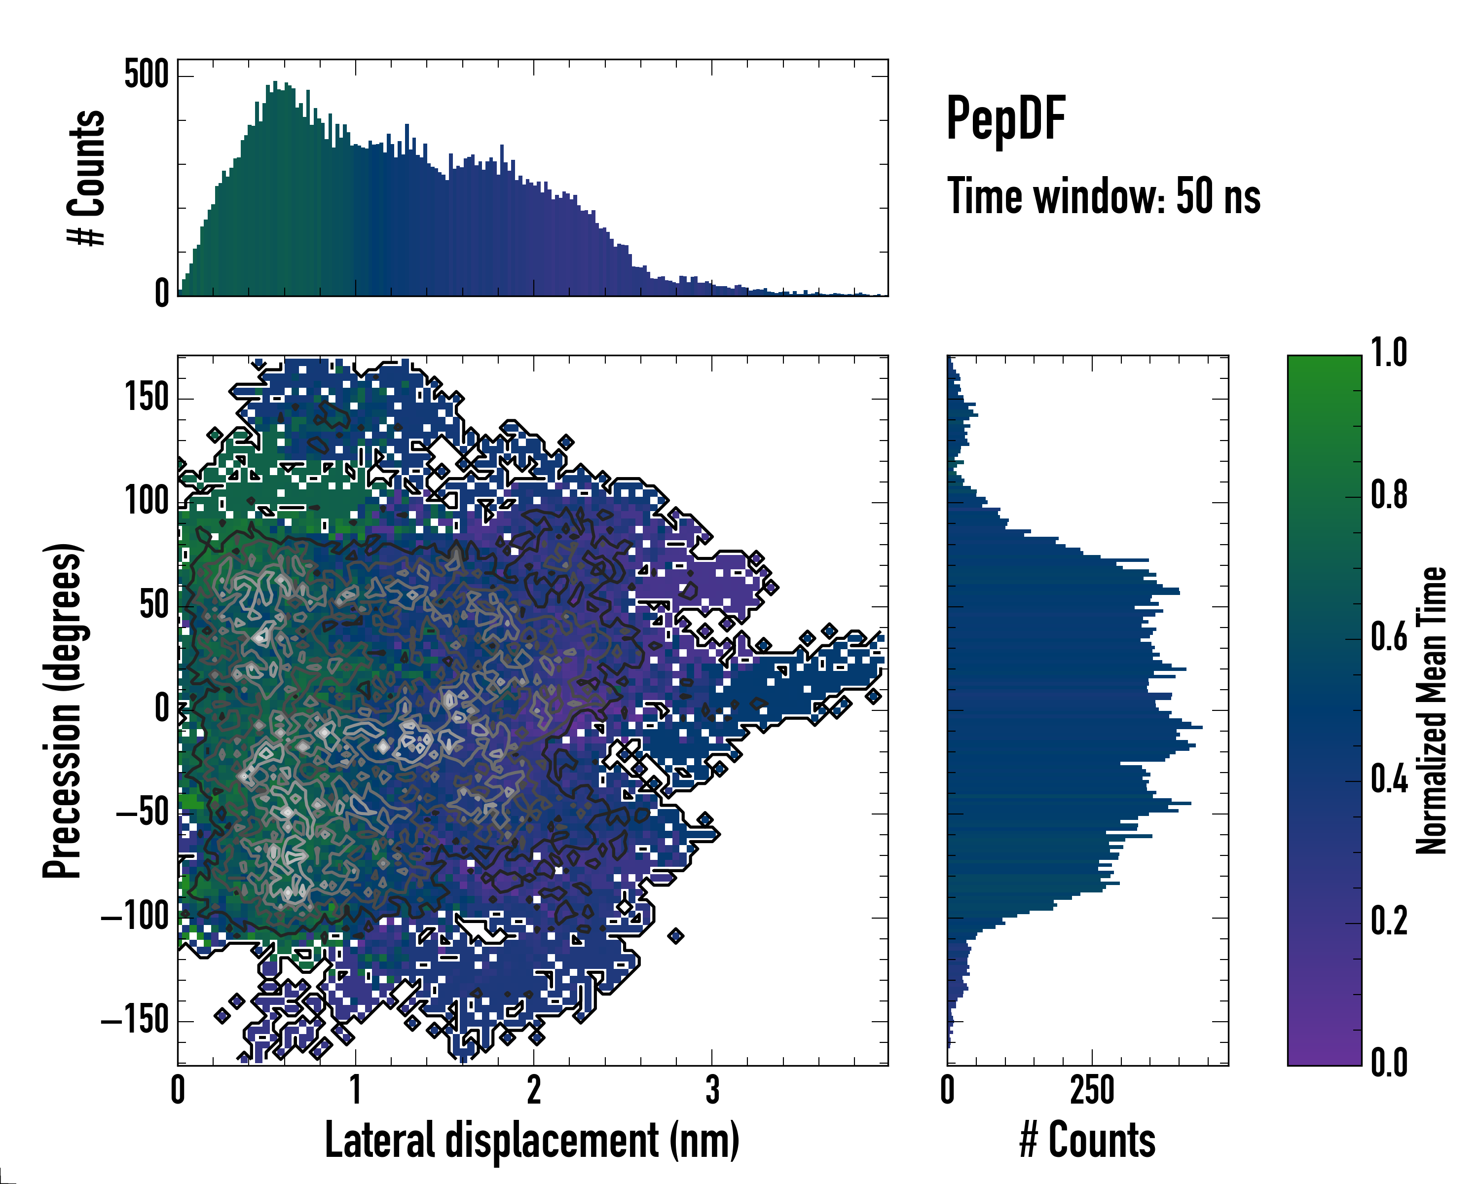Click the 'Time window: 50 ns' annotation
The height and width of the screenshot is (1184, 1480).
1103,196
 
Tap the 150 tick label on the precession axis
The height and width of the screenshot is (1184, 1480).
146,398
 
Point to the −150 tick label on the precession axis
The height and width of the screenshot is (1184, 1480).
135,1021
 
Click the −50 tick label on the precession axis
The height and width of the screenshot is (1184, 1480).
142,814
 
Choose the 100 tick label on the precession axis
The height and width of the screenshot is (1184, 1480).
146,501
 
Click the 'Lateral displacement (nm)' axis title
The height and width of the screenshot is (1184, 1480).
532,1140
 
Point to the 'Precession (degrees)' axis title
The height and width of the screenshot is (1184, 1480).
63,710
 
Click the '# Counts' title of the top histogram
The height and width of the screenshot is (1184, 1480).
86,178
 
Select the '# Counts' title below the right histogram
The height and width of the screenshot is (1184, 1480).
1087,1140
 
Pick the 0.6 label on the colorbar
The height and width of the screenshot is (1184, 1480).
1389,637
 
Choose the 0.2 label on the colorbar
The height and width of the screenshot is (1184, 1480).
1389,921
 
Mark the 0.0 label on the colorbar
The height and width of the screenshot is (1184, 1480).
1389,1063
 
